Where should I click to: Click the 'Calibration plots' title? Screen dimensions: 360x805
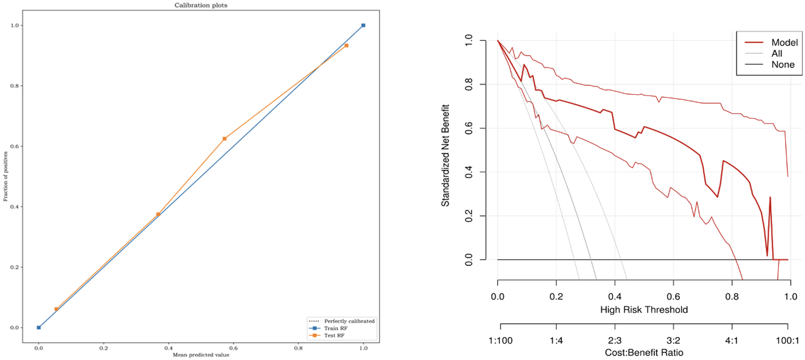[x=201, y=5]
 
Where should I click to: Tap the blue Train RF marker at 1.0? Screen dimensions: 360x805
[x=363, y=26]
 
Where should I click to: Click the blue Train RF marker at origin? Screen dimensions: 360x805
[x=39, y=328]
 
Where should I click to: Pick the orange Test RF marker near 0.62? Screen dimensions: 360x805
[x=224, y=139]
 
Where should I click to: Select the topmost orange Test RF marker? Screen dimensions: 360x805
[x=347, y=45]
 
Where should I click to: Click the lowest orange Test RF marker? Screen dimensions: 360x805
[x=56, y=309]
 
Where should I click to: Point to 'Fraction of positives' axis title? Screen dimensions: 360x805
[x=5, y=176]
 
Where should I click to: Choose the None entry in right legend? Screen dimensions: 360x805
[x=782, y=65]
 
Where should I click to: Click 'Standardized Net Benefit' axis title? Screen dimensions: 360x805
[x=446, y=154]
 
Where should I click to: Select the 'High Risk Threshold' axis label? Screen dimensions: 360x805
[x=644, y=310]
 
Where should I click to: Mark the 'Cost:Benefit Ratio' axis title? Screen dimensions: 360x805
[x=644, y=352]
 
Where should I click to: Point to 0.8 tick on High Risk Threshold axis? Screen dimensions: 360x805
[x=732, y=296]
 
